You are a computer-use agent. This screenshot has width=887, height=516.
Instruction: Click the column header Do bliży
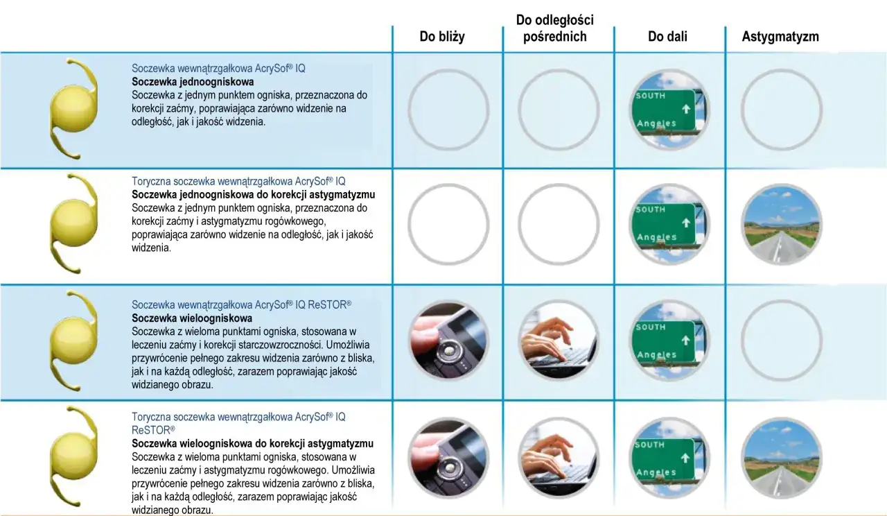pyautogui.click(x=442, y=37)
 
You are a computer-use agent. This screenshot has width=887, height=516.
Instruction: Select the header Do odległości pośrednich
pyautogui.click(x=554, y=28)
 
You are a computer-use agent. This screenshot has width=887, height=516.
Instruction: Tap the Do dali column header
pyautogui.click(x=667, y=37)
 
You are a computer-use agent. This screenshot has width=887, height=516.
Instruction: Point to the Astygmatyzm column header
pyautogui.click(x=780, y=37)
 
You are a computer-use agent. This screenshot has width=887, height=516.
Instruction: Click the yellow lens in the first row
pyautogui.click(x=72, y=110)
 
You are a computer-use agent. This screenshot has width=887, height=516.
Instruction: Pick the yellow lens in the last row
pyautogui.click(x=72, y=455)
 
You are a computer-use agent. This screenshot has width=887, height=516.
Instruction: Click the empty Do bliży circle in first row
pyautogui.click(x=448, y=110)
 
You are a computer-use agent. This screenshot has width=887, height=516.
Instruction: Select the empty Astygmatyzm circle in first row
pyautogui.click(x=781, y=110)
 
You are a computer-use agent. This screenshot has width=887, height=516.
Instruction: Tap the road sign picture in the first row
pyautogui.click(x=669, y=110)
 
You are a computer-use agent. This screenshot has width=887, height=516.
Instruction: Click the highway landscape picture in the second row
pyautogui.click(x=781, y=225)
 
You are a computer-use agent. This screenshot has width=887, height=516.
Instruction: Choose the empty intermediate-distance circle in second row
pyautogui.click(x=559, y=225)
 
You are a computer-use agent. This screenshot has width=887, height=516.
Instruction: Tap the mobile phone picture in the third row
pyautogui.click(x=448, y=341)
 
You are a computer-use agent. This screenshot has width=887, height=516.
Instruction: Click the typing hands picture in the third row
pyautogui.click(x=559, y=341)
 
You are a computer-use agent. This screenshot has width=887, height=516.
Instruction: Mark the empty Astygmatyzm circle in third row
pyautogui.click(x=781, y=341)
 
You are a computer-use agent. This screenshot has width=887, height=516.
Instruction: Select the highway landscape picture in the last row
pyautogui.click(x=781, y=458)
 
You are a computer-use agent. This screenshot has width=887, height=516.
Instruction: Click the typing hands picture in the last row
pyautogui.click(x=559, y=458)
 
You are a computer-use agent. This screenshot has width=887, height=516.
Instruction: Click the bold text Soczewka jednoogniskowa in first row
pyautogui.click(x=193, y=82)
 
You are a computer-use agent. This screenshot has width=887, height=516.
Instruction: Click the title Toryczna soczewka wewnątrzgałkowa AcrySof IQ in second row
pyautogui.click(x=238, y=182)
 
